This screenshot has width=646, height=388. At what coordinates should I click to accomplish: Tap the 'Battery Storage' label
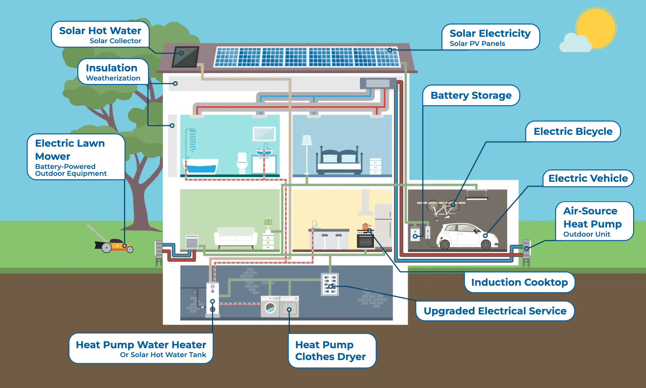tap(471, 95)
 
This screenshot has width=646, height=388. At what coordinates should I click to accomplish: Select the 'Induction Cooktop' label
tap(519, 282)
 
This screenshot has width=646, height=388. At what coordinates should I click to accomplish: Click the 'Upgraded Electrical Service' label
tap(495, 311)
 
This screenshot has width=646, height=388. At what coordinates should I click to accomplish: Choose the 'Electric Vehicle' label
tap(588, 178)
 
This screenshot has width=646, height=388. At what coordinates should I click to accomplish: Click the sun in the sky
tap(596, 28)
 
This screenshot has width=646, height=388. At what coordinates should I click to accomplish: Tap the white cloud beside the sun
tap(575, 43)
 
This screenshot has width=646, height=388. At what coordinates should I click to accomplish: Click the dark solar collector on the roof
tap(186, 57)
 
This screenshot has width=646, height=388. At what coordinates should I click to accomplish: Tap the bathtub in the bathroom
tap(201, 166)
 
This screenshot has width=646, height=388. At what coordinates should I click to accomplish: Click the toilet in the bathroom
tap(242, 163)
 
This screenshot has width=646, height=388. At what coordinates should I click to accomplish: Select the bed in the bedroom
tap(339, 160)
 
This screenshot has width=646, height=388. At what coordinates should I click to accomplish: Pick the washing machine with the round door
tap(270, 306)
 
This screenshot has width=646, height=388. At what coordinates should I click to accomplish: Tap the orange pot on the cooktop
tap(365, 226)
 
